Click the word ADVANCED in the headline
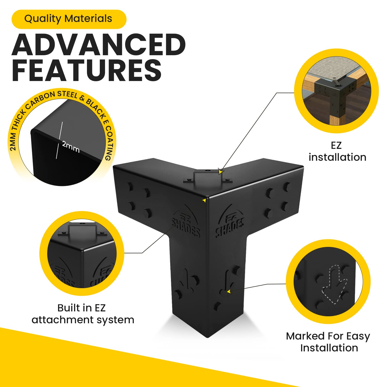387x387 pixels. pos(99,44)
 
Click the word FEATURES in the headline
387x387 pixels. pos(87,70)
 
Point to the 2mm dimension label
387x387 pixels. pos(71,147)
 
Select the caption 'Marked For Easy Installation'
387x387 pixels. pos(328,342)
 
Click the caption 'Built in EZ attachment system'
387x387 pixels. pos(83,314)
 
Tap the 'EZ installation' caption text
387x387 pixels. pos(337,151)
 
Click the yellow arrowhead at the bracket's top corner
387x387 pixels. pos(204,200)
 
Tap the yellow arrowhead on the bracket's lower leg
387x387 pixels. pos(228,291)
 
